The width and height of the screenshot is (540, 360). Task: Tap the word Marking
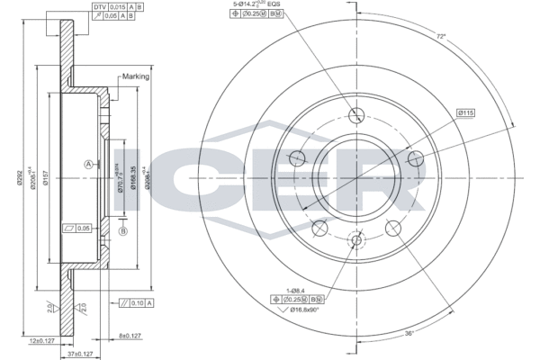click(x=135, y=78)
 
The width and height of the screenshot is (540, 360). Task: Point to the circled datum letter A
click(x=88, y=164)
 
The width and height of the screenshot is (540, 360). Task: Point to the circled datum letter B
click(x=123, y=231)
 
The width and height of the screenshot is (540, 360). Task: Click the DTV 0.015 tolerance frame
click(x=115, y=6)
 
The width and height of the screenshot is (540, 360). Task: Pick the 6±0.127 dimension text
click(x=131, y=336)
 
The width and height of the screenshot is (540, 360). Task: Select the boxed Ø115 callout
click(x=465, y=113)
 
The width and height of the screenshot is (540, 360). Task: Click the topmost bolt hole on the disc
click(x=356, y=114)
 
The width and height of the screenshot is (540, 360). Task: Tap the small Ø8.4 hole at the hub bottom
click(x=356, y=240)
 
